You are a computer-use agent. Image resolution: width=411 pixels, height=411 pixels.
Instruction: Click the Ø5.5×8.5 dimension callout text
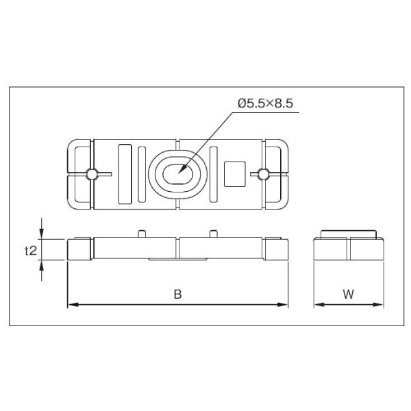pos(265,103)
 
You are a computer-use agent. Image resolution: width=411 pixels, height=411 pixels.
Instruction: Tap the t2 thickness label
pos(31,251)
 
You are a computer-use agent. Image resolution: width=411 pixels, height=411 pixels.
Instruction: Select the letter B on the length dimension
pos(177,294)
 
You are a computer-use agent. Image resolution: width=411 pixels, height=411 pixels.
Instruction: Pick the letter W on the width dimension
pos(349,294)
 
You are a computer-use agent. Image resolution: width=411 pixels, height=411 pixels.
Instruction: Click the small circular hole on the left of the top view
pos(92,174)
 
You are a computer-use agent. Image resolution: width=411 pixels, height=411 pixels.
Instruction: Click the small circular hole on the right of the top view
pos(263,174)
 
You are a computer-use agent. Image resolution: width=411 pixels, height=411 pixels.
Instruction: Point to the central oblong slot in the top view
pos(178,174)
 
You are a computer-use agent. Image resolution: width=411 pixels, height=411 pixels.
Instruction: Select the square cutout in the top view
pos(234,174)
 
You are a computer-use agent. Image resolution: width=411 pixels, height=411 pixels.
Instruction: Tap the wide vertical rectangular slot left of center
pos(125,174)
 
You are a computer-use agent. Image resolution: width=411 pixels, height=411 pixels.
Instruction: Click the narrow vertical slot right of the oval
pos(214,174)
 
